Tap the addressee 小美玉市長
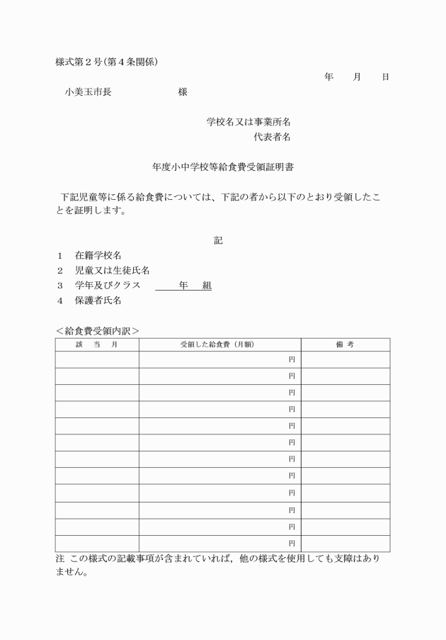(x=88, y=91)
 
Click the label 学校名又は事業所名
(x=248, y=122)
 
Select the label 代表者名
(x=272, y=137)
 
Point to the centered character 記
(x=219, y=240)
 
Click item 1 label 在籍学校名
(x=102, y=255)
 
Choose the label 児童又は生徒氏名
(x=112, y=270)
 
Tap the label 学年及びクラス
(x=108, y=285)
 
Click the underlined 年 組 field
(x=183, y=285)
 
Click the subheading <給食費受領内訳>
(x=97, y=330)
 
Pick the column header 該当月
(x=97, y=344)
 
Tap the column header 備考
(x=345, y=344)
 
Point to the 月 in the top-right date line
(x=357, y=77)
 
